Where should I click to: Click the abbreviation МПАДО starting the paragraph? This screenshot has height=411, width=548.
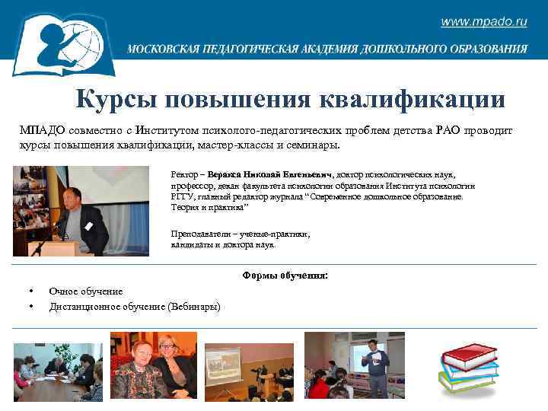tap(38, 131)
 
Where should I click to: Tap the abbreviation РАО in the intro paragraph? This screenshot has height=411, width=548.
tap(454, 131)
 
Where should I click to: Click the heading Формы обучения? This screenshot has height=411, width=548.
tap(285, 276)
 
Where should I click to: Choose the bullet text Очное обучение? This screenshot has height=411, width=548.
tap(85, 291)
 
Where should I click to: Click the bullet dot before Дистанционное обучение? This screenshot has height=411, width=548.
tap(30, 307)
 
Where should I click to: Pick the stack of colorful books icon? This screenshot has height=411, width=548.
tap(467, 366)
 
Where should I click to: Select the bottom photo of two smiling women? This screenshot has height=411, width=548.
tap(153, 366)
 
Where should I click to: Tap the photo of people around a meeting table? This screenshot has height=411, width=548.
tap(58, 371)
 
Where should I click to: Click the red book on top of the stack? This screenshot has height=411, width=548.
tap(469, 352)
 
